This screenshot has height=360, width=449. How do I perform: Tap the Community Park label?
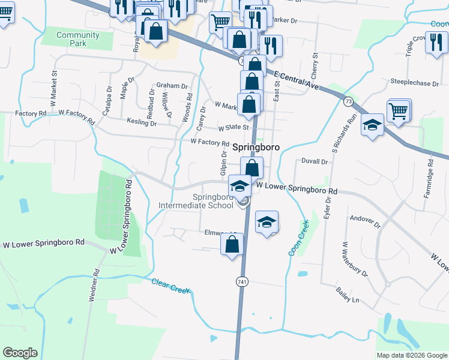tap(70, 40)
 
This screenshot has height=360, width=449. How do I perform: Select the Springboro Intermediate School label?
tap(196, 201)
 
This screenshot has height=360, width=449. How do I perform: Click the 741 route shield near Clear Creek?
tap(243, 281)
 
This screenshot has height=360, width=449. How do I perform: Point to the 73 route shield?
tap(348, 101)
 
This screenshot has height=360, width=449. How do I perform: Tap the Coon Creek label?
tap(298, 238)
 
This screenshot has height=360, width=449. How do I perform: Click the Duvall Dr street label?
tap(315, 162)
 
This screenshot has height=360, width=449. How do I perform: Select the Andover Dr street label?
tap(366, 222)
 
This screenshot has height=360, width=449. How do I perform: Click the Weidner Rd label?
tap(94, 289)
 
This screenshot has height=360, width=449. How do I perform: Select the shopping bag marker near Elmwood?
tap(232, 244)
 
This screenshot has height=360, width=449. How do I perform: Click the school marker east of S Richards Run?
tap(372, 125)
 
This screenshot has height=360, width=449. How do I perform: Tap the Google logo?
tap(20, 353)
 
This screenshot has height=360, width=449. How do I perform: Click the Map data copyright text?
tap(411, 355)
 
